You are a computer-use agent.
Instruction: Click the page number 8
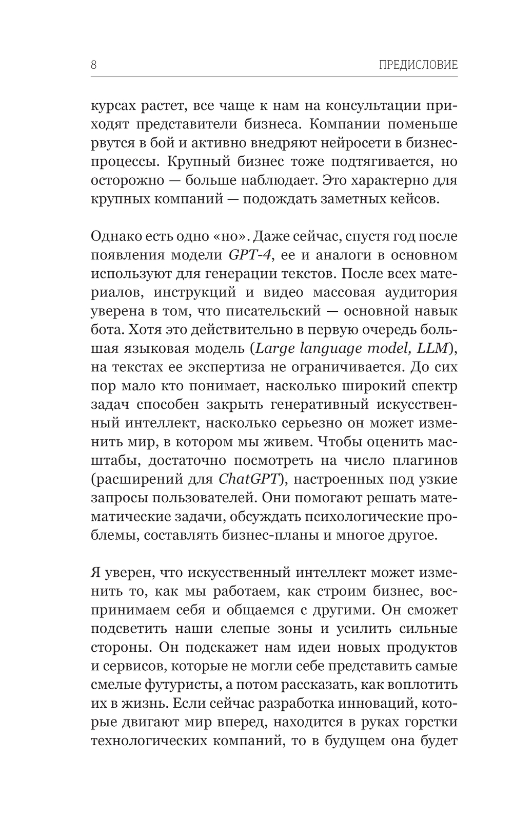click(x=94, y=65)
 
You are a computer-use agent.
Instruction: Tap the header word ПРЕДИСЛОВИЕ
click(x=418, y=65)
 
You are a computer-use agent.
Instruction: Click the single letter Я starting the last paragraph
click(x=96, y=573)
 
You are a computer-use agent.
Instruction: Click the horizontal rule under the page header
click(x=274, y=77)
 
